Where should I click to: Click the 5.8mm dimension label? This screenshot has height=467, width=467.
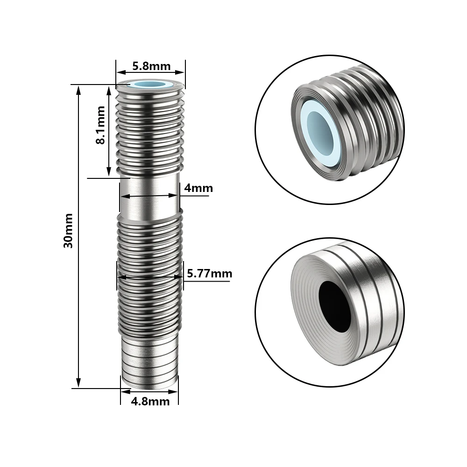(x=151, y=66)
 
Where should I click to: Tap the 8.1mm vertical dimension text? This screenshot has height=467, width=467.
(x=100, y=125)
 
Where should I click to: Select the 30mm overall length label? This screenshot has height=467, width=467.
(x=68, y=231)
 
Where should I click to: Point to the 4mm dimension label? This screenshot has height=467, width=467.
(x=198, y=188)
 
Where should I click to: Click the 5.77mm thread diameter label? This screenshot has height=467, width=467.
(x=209, y=273)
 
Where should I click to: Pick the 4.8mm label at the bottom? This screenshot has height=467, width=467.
(x=150, y=402)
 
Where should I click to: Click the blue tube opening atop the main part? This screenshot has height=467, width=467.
(x=150, y=85)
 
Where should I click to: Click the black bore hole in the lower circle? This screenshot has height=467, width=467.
(x=334, y=306)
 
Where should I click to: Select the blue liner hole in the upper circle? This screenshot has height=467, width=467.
(x=320, y=131)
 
